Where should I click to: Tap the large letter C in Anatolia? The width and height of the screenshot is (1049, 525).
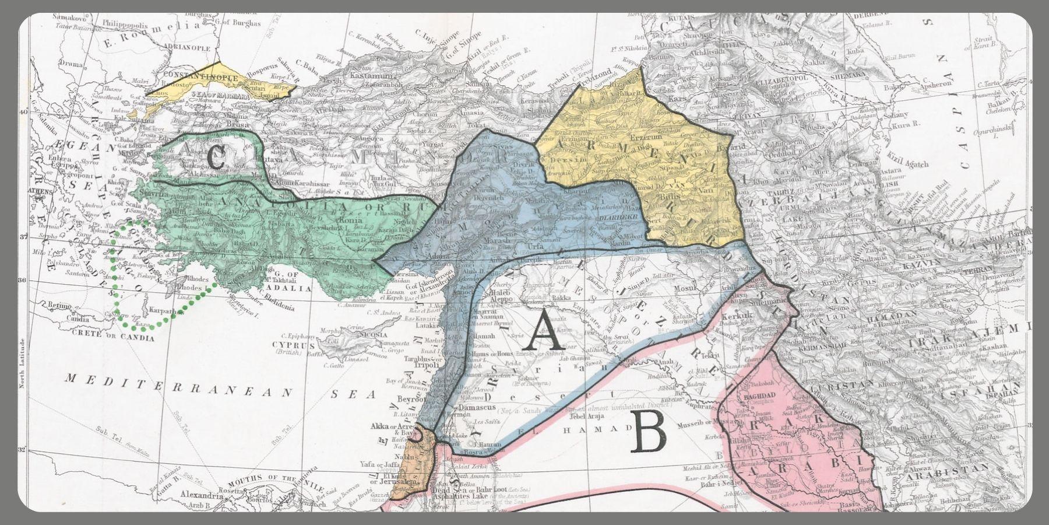pos(214,159)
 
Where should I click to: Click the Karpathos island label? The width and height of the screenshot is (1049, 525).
pos(165,311)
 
